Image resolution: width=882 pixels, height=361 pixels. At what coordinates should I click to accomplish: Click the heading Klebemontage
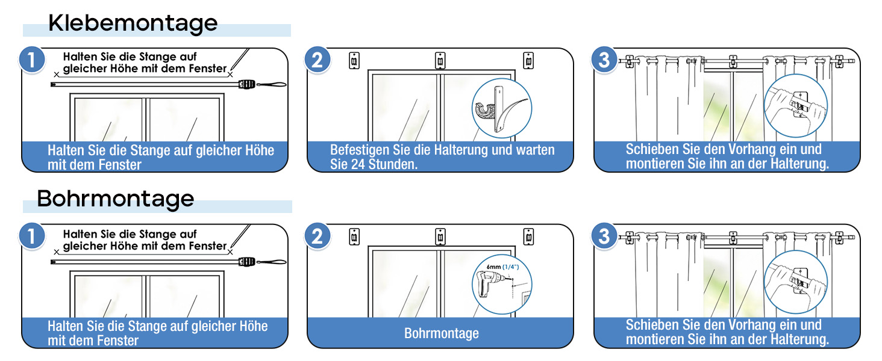[133, 23]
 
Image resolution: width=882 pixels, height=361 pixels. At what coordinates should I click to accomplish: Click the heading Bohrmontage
[116, 199]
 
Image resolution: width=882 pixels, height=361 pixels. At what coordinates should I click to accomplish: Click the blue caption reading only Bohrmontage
[442, 333]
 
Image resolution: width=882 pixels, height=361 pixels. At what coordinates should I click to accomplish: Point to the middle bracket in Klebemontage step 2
[440, 61]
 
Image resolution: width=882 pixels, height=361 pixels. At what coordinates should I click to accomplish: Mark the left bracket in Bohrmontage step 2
[354, 237]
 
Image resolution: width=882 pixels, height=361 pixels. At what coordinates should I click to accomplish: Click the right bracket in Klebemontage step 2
[528, 61]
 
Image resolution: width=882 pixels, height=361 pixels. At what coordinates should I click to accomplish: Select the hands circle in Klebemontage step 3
[795, 106]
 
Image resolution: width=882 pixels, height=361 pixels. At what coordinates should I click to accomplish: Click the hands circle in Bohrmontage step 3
[795, 282]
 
